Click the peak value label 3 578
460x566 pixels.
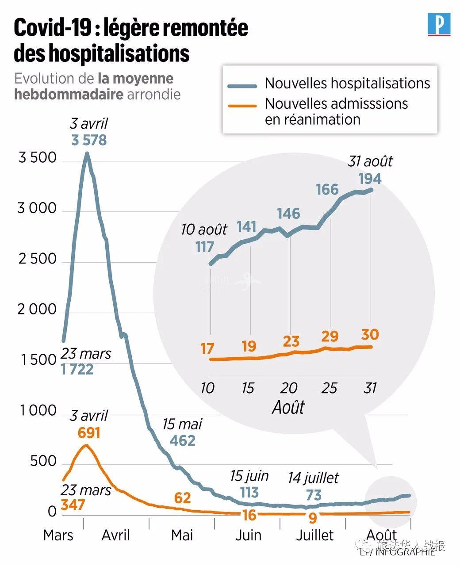point(89,140)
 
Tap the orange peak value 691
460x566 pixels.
point(88,432)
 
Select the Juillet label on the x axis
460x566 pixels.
point(314,535)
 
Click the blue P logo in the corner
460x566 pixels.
point(439,24)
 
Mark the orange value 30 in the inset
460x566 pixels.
point(370,334)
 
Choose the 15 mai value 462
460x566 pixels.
point(182,440)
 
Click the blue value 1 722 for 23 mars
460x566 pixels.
point(77,369)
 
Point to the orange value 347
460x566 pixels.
point(73,505)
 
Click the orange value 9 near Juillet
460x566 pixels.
point(313,516)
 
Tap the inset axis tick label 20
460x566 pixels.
point(289,388)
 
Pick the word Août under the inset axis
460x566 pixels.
point(288,407)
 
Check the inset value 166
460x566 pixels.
point(327,190)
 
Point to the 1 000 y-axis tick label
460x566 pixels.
point(38,411)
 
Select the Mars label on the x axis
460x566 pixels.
point(58,535)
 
